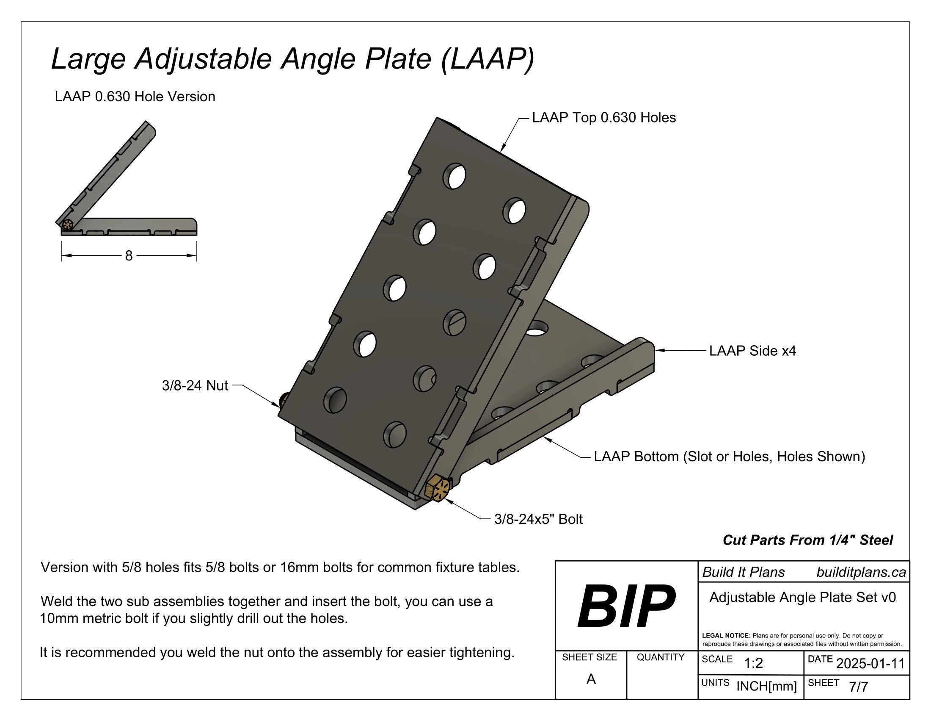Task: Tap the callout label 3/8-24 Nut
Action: coord(195,385)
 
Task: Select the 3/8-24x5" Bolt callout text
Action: coord(538,519)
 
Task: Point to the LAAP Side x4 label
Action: coord(752,351)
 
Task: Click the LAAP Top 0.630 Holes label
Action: coord(603,117)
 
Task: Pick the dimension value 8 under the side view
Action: coord(129,255)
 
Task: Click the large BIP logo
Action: coord(626,606)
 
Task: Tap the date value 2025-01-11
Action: coord(870,663)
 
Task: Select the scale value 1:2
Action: coord(753,663)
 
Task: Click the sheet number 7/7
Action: coord(858,687)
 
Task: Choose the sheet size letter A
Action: coord(590,678)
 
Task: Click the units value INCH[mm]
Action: coord(766,686)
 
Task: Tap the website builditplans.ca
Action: coord(861,572)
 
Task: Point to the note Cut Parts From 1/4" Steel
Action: coord(807,540)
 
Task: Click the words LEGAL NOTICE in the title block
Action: coord(726,636)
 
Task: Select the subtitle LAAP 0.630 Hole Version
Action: coord(135,97)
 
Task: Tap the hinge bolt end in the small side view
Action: coord(67,224)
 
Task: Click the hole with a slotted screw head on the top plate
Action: coord(454,322)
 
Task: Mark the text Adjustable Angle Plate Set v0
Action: coord(802,597)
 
